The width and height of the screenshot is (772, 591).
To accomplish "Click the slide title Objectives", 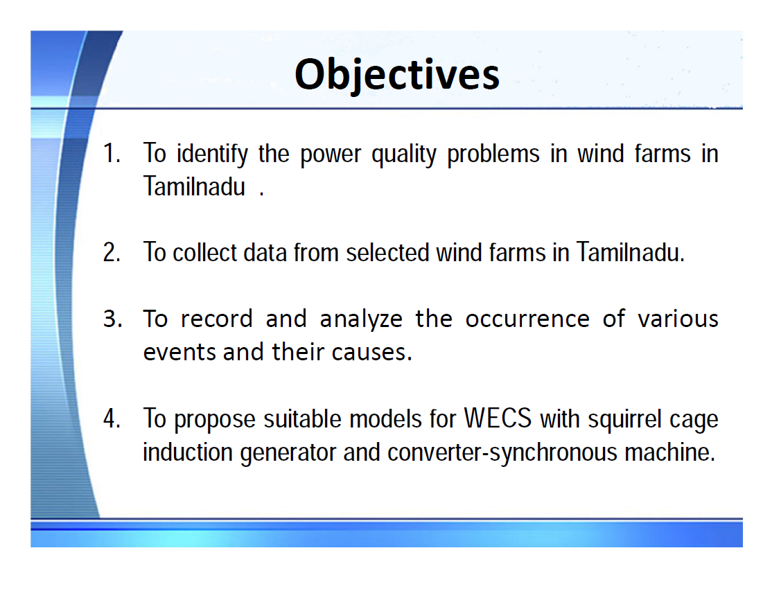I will click(396, 74).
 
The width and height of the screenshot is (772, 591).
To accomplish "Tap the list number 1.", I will click(112, 153).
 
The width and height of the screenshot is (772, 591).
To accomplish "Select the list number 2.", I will click(112, 252).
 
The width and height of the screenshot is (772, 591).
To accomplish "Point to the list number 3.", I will click(112, 319).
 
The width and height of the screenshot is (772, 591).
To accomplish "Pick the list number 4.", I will click(112, 419).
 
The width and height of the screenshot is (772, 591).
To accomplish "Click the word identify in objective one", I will click(211, 153).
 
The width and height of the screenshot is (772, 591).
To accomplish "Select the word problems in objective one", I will click(493, 153).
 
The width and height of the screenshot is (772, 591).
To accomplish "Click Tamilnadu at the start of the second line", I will click(195, 186).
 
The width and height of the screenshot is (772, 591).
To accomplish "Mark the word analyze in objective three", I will click(361, 319).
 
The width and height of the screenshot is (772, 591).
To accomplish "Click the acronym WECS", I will click(498, 419).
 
